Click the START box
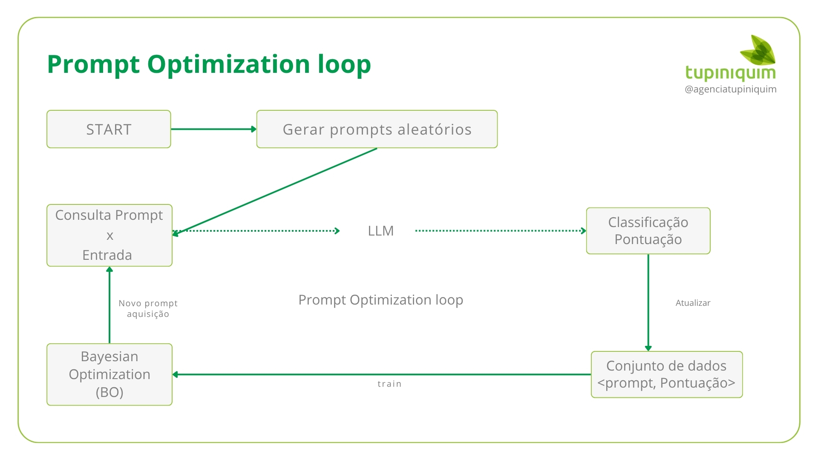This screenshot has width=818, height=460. pos(109,129)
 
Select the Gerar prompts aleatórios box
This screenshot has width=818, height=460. pos(377,129)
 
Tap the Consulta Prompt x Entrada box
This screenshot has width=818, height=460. pos(109,235)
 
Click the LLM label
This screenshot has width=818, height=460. pos(380,231)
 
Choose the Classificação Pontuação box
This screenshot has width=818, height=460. pos(648,231)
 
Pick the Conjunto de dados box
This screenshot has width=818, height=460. pos(666,374)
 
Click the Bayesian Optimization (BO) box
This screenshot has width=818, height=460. pos(109,374)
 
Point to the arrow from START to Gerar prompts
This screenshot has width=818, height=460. pos(213,129)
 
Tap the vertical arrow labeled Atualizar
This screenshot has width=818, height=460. pos(648,302)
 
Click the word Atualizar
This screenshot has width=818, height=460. pos(693,303)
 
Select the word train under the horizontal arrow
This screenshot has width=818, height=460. pos(389,384)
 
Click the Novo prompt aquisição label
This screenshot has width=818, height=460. pos(148,308)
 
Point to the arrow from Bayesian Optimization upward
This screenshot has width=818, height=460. pos(109,305)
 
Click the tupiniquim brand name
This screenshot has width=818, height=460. pos(730,72)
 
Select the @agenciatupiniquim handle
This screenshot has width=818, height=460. pos(730,89)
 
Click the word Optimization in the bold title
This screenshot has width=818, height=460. pos(229,64)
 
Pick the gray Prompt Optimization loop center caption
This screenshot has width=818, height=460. pos(380,300)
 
